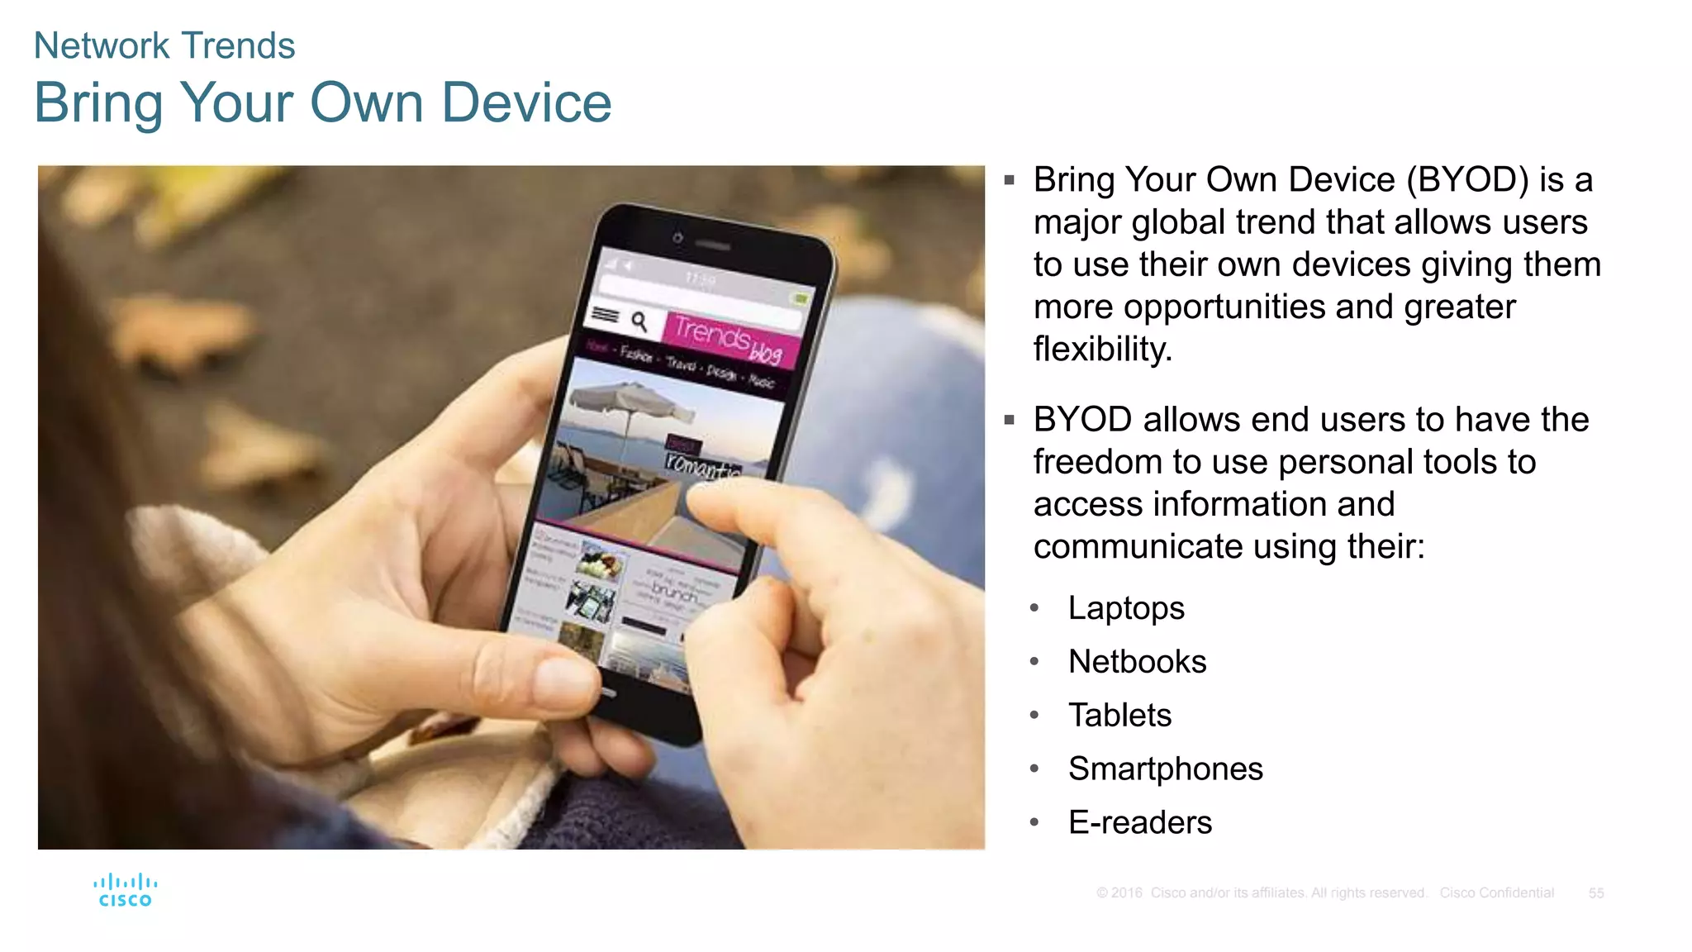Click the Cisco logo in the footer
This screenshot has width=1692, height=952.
click(125, 890)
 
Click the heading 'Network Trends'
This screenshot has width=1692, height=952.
click(164, 45)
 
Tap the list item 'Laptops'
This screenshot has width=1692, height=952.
click(1126, 608)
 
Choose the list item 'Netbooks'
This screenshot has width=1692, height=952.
click(1137, 662)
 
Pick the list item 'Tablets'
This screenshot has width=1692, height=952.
click(1119, 716)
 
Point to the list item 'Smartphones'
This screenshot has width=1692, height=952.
click(1165, 769)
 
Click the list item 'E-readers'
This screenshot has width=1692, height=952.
click(1139, 823)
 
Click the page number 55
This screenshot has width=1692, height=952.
click(1595, 893)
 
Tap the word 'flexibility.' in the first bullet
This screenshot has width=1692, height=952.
click(1102, 350)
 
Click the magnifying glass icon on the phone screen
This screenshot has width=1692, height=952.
click(639, 321)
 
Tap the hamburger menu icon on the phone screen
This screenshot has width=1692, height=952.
click(606, 315)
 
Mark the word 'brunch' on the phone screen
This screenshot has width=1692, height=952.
click(674, 592)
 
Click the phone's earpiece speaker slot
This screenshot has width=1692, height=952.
click(712, 245)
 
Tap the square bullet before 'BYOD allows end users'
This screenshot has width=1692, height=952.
click(1009, 421)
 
